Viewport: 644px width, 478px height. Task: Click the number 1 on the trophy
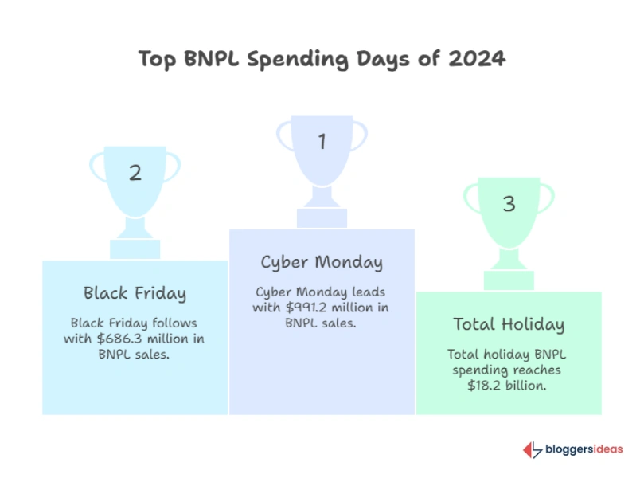tap(322, 143)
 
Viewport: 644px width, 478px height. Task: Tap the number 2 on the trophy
tap(135, 173)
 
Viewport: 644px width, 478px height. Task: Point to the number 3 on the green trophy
tap(509, 204)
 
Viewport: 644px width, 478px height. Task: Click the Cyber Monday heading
tap(322, 262)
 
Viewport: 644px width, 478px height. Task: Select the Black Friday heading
tap(135, 293)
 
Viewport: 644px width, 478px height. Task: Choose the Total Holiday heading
tap(509, 324)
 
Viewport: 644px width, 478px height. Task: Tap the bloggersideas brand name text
tap(584, 450)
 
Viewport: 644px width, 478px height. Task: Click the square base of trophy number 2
tap(135, 249)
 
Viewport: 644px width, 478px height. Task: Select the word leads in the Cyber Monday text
tap(367, 292)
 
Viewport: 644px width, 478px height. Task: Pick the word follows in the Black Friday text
tap(172, 323)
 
